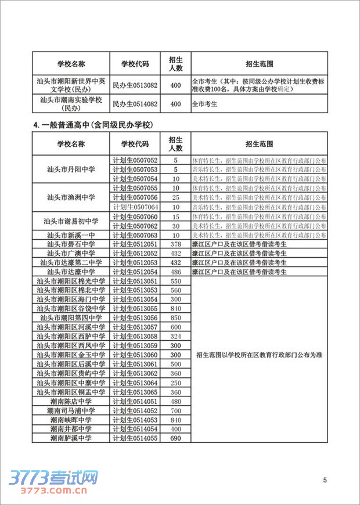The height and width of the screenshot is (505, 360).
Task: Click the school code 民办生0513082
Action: click(x=135, y=86)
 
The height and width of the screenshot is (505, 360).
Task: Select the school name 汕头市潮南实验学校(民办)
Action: click(x=71, y=104)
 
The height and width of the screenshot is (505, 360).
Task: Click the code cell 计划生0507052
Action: click(x=135, y=160)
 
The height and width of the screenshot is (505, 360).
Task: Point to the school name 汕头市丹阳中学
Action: click(x=71, y=169)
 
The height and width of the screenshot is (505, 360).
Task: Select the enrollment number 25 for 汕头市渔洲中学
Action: click(x=176, y=197)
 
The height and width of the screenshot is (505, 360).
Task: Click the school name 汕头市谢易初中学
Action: click(x=71, y=221)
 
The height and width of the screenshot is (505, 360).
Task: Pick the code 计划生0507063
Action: click(x=135, y=235)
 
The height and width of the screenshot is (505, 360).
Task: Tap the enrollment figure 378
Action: click(x=176, y=244)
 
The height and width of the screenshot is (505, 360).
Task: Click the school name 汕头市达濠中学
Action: click(x=71, y=272)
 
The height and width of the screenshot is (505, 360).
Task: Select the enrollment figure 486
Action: click(x=176, y=272)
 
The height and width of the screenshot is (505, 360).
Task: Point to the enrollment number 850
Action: click(x=176, y=318)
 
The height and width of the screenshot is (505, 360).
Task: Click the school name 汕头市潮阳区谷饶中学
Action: click(x=71, y=309)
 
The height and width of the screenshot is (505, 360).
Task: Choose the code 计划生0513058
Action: click(x=135, y=337)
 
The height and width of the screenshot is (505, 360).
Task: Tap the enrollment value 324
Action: click(x=176, y=337)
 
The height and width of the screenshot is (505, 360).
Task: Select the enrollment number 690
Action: click(x=176, y=438)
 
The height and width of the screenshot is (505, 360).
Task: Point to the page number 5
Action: click(x=325, y=479)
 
